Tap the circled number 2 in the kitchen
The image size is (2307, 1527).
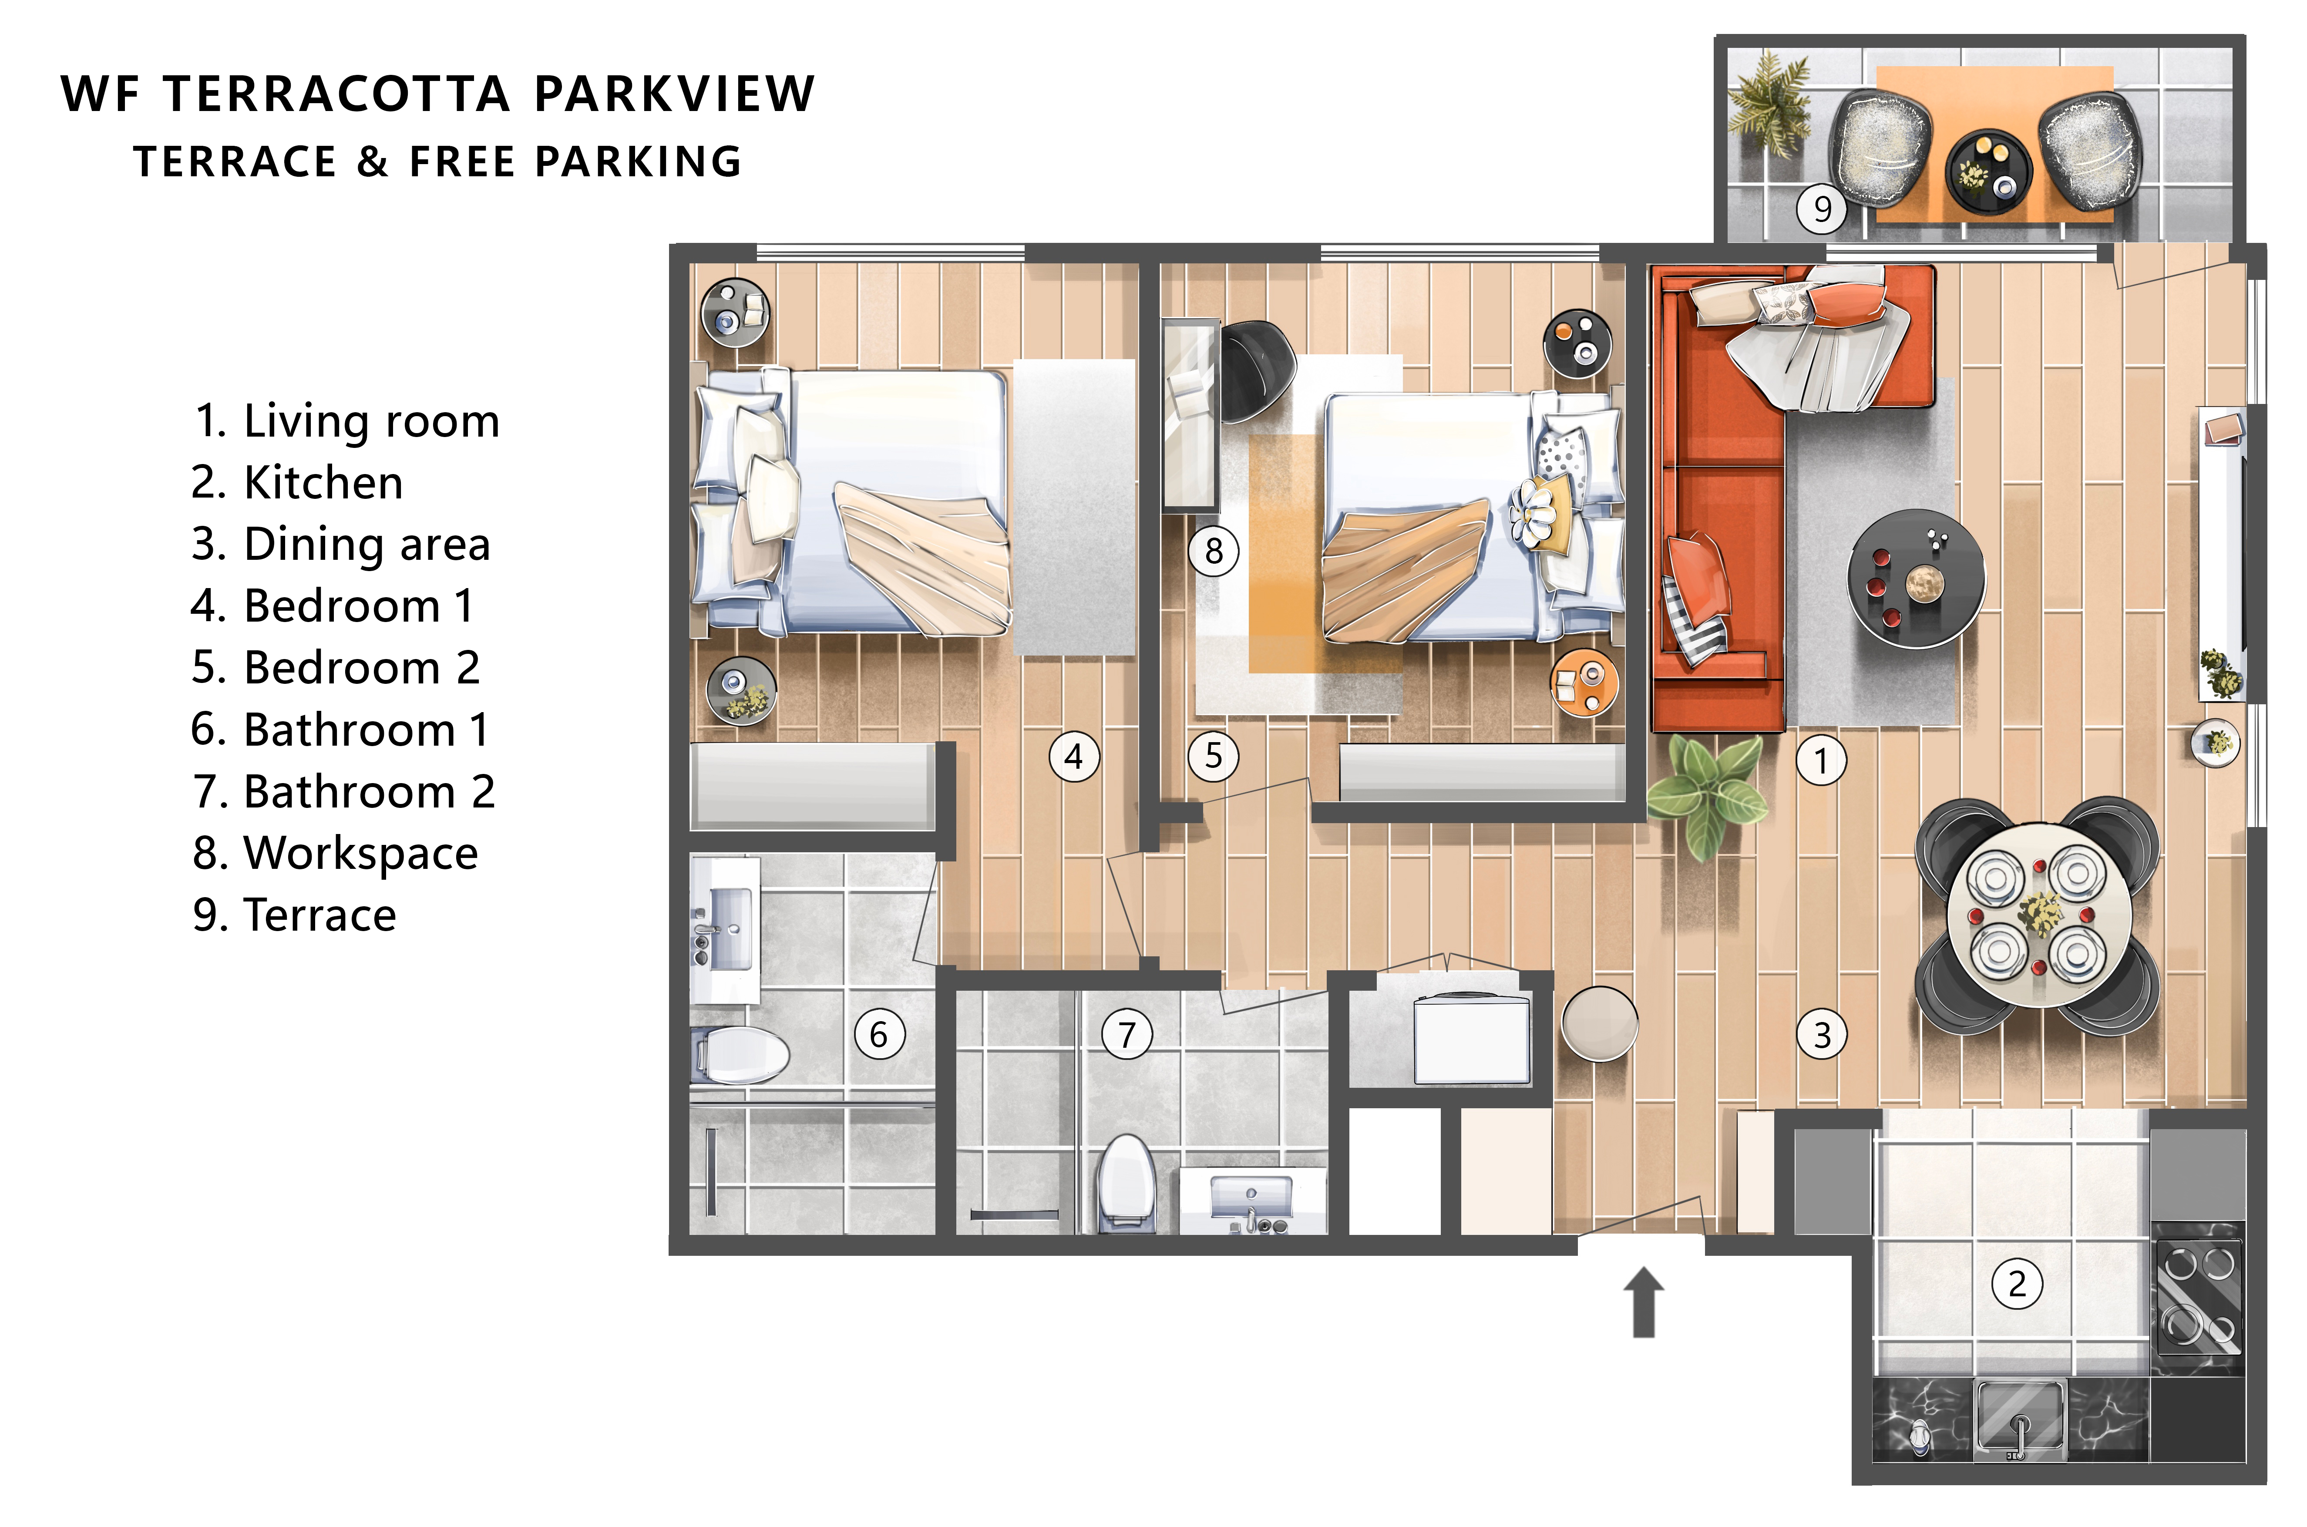pos(2017,1284)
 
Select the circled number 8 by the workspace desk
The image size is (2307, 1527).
pos(1214,551)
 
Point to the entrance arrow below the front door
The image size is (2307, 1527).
pos(1644,1302)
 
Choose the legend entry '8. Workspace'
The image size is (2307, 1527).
pos(335,853)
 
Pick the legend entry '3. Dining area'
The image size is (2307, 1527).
pos(341,545)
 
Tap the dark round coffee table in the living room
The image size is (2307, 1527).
pos(1916,579)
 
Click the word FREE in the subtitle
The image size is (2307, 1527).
pos(461,161)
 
